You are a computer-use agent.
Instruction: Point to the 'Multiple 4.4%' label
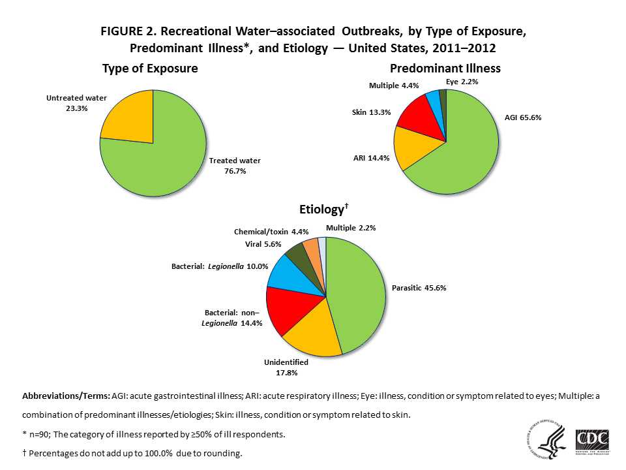click(x=394, y=85)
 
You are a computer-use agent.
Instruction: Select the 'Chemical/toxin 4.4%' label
click(x=271, y=231)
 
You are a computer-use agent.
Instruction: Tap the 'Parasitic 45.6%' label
click(x=419, y=287)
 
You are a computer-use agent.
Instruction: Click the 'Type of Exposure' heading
click(x=150, y=69)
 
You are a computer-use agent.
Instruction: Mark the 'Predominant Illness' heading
click(x=446, y=68)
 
